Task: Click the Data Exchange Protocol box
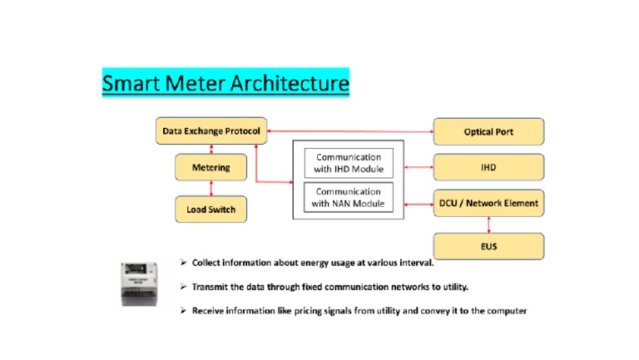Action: pyautogui.click(x=211, y=131)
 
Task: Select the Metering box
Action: pyautogui.click(x=211, y=168)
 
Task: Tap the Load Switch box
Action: pyautogui.click(x=211, y=210)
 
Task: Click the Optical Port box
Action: pyautogui.click(x=488, y=131)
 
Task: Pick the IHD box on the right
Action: pyautogui.click(x=488, y=167)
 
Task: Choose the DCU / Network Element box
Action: pyautogui.click(x=488, y=203)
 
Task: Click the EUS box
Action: pyautogui.click(x=488, y=246)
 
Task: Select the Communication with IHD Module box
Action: pyautogui.click(x=347, y=163)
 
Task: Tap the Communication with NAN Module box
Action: pyautogui.click(x=347, y=198)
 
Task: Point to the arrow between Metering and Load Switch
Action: pyautogui.click(x=211, y=188)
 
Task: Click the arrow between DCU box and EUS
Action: pyautogui.click(x=488, y=224)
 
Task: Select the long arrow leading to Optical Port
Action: pyautogui.click(x=349, y=131)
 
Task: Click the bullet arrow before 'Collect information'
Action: pyautogui.click(x=184, y=263)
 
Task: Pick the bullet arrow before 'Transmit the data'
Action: pyautogui.click(x=184, y=287)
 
